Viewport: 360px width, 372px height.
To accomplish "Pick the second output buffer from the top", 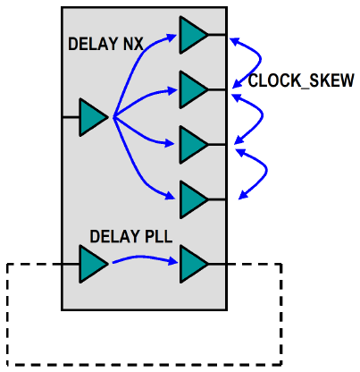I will click(191, 89).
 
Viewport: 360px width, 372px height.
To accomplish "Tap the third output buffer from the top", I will click(191, 143).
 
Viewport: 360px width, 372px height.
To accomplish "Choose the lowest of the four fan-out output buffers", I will click(191, 199).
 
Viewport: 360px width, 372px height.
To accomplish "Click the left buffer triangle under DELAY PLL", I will click(91, 264).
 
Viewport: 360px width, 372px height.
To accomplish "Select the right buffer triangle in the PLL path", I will click(191, 264).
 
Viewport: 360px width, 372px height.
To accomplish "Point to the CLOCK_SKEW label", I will click(301, 80).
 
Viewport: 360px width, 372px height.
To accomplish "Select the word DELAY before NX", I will click(89, 43).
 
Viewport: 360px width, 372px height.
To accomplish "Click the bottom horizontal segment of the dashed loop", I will click(143, 364).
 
